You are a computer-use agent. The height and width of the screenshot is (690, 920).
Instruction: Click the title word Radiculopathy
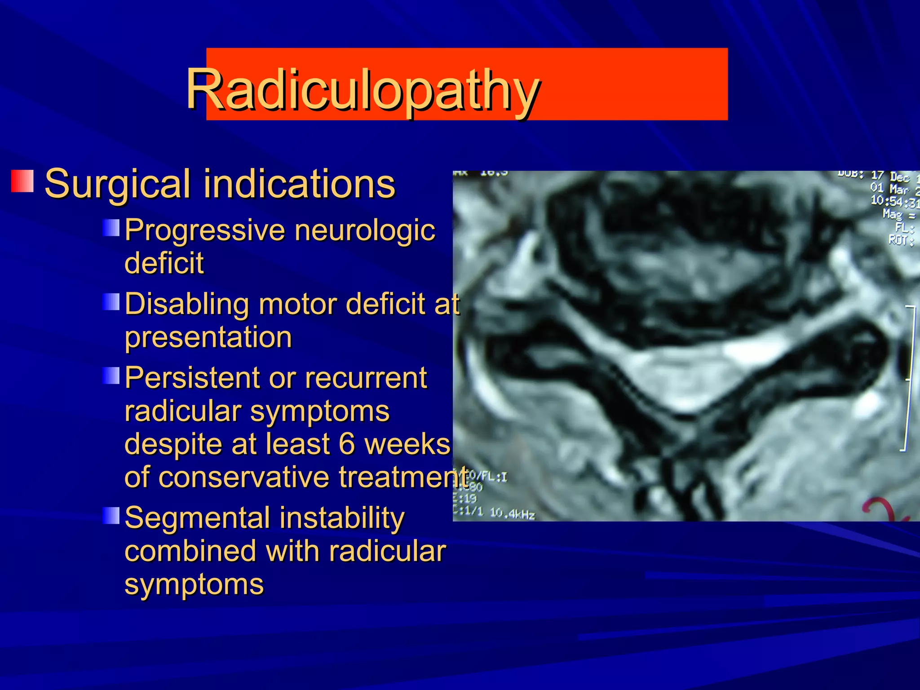[363, 89]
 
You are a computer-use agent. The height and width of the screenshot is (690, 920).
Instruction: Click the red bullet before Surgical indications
[22, 181]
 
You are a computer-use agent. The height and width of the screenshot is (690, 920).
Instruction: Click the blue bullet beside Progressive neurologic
[111, 228]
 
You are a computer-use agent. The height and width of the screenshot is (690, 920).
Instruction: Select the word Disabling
[186, 304]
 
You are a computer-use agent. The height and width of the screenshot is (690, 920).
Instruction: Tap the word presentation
[208, 337]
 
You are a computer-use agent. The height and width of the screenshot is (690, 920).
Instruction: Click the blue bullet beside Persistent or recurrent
[111, 376]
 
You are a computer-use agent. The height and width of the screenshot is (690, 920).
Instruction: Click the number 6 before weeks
[347, 444]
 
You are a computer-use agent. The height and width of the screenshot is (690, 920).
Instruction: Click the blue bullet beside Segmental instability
[111, 516]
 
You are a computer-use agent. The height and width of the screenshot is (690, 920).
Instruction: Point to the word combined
[190, 551]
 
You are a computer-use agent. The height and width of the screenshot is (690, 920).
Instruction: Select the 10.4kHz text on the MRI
[512, 513]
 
